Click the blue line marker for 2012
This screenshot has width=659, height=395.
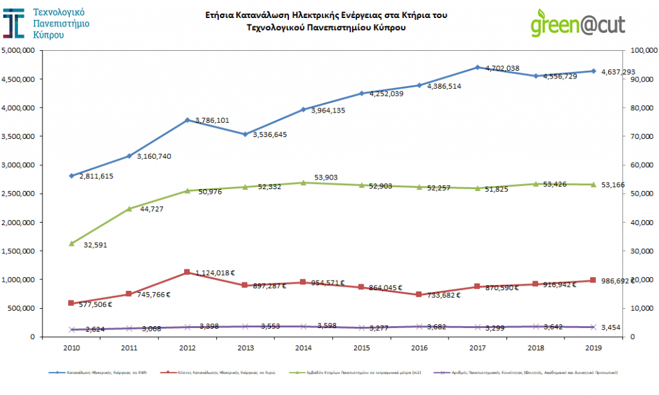coord(187,120)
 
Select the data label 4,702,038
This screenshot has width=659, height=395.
coord(502,68)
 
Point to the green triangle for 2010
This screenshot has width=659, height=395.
coord(71,243)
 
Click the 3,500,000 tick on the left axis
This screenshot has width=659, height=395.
coord(21,136)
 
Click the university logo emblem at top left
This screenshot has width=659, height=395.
coord(14,23)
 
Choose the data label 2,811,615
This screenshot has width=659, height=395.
coord(97,176)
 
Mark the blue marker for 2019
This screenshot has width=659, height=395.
coord(593,71)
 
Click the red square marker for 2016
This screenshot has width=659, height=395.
coord(419,295)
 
